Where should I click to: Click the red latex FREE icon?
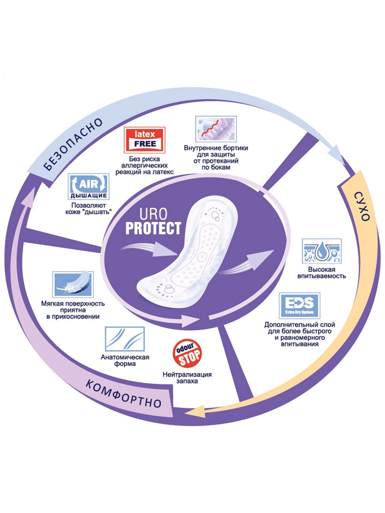pos(144,140)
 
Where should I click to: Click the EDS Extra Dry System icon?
pos(299,305)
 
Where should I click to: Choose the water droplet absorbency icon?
pos(321,251)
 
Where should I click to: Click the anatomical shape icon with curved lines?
pos(125,339)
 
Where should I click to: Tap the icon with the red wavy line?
pos(216,129)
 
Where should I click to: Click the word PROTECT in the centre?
pos(153,228)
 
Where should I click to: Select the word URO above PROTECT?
pos(153,214)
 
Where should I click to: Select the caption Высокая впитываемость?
pos(321,273)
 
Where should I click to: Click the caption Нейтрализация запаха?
pos(187,378)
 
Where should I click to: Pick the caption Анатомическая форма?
pos(125,360)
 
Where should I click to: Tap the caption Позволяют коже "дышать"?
pos(89,209)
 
